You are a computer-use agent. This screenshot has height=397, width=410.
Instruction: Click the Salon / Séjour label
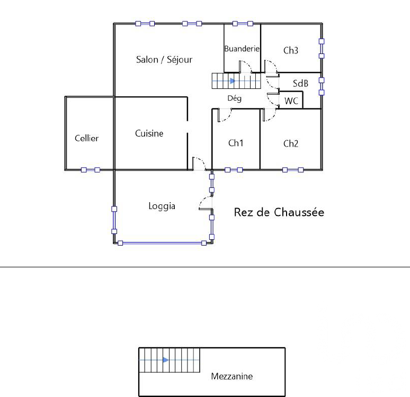click(x=164, y=60)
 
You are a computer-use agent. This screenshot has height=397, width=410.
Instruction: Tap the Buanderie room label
click(x=242, y=49)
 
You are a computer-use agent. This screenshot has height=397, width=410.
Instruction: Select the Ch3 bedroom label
click(x=291, y=50)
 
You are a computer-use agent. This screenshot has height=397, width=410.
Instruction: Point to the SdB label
click(x=300, y=84)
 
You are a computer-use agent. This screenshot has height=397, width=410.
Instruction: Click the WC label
click(x=291, y=101)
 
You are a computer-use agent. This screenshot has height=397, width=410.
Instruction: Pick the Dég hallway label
click(x=234, y=98)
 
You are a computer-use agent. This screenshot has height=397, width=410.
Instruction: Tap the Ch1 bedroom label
click(x=236, y=143)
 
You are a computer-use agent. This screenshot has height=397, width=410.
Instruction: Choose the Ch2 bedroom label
click(x=291, y=143)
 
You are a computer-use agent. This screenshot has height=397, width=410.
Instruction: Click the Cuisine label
click(x=149, y=133)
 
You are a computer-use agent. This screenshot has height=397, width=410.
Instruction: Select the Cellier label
click(x=86, y=138)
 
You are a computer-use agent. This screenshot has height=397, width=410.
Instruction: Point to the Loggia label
click(x=162, y=206)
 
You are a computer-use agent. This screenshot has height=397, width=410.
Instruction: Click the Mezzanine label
click(x=232, y=376)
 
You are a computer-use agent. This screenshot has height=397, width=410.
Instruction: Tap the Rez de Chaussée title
click(x=279, y=212)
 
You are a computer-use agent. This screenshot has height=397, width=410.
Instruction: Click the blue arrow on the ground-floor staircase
click(x=233, y=81)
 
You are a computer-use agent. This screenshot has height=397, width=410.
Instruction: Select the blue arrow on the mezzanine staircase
click(x=165, y=360)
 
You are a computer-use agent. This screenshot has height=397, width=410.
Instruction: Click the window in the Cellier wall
click(x=91, y=170)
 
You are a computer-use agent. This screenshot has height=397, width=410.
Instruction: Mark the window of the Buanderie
click(x=243, y=24)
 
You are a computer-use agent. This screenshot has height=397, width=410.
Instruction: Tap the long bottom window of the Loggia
click(x=162, y=243)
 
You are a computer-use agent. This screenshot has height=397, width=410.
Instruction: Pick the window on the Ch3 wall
click(x=322, y=49)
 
